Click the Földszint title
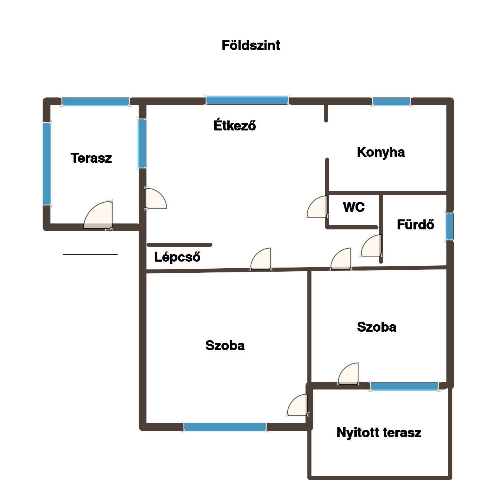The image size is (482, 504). [250, 45]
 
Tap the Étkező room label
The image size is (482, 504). [235, 125]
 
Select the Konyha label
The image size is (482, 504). [380, 152]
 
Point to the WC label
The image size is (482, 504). [353, 207]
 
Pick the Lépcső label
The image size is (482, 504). [177, 257]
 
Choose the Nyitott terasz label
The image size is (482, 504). [379, 432]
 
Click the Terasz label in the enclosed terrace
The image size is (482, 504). [91, 158]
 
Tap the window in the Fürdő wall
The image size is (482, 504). [449, 226]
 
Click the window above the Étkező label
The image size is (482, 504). [247, 100]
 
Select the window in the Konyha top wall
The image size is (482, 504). [391, 102]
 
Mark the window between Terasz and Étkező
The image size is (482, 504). [142, 143]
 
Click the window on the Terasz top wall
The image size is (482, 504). [95, 102]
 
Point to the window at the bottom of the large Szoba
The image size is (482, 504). [225, 427]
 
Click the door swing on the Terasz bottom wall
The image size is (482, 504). [98, 215]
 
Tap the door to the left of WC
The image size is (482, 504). [317, 206]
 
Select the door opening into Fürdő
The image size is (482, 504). [371, 246]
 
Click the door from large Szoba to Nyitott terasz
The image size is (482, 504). [297, 405]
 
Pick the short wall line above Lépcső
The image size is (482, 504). [179, 245]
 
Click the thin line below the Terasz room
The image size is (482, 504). [90, 254]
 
